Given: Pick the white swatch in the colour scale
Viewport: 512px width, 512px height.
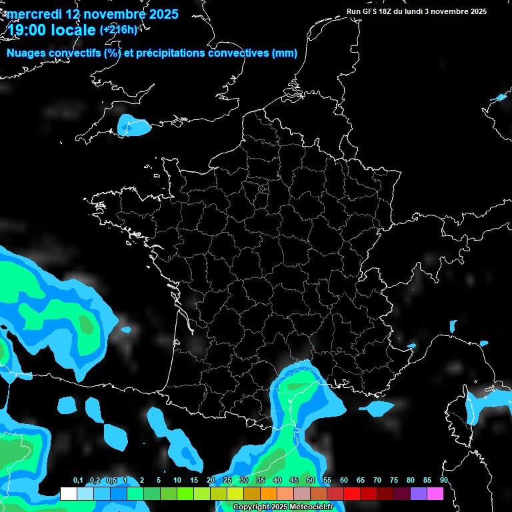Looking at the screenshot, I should [x=68, y=494].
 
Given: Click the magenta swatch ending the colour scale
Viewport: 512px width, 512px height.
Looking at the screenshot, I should [x=435, y=494].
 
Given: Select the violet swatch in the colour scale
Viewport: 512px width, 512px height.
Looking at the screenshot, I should [x=419, y=494].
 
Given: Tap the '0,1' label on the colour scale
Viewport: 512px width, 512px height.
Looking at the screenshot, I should [x=78, y=481].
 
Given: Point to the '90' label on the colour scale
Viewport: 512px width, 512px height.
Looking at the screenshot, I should [x=444, y=481].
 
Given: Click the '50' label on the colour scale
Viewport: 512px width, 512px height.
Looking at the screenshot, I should [x=311, y=481].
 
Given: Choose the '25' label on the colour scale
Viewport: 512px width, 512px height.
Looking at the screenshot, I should [x=227, y=481].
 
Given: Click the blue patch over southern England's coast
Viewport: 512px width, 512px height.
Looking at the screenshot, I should [x=133, y=125].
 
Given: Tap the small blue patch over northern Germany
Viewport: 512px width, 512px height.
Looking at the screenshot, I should [x=499, y=98].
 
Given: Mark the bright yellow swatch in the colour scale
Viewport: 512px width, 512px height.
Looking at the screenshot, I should [x=235, y=494].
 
